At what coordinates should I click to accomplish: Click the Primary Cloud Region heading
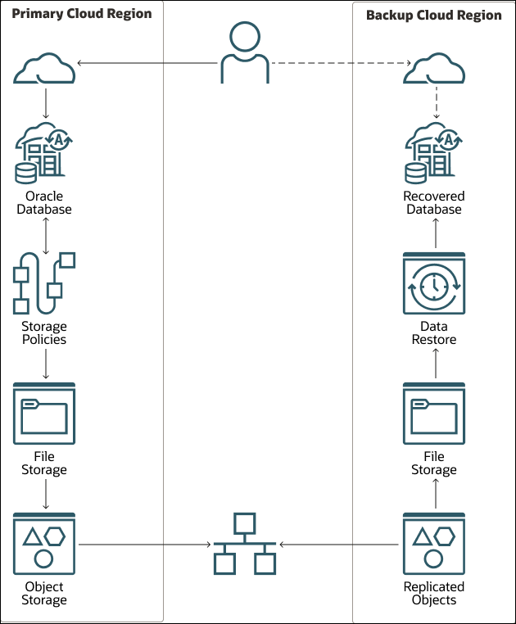(81, 15)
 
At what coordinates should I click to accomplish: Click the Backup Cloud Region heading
(433, 15)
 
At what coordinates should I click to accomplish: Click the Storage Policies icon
(44, 283)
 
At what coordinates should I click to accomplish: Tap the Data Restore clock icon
(434, 284)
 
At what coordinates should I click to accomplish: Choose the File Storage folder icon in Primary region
(45, 413)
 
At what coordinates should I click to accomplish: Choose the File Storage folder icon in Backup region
(434, 413)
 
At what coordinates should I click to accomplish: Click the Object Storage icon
(45, 544)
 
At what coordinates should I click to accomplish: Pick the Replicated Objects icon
(434, 544)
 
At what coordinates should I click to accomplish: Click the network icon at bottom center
(244, 544)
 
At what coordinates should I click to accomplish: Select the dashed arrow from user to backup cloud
(339, 63)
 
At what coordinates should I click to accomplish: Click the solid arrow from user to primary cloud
(147, 63)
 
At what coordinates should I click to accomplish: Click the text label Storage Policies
(45, 332)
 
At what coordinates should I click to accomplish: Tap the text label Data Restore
(434, 332)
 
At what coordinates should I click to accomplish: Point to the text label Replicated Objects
(434, 593)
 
